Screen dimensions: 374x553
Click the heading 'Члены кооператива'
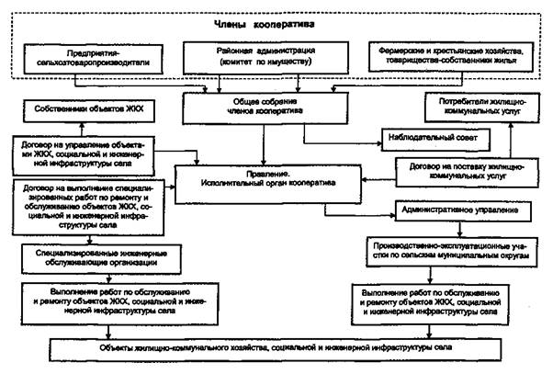coord(275,23)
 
